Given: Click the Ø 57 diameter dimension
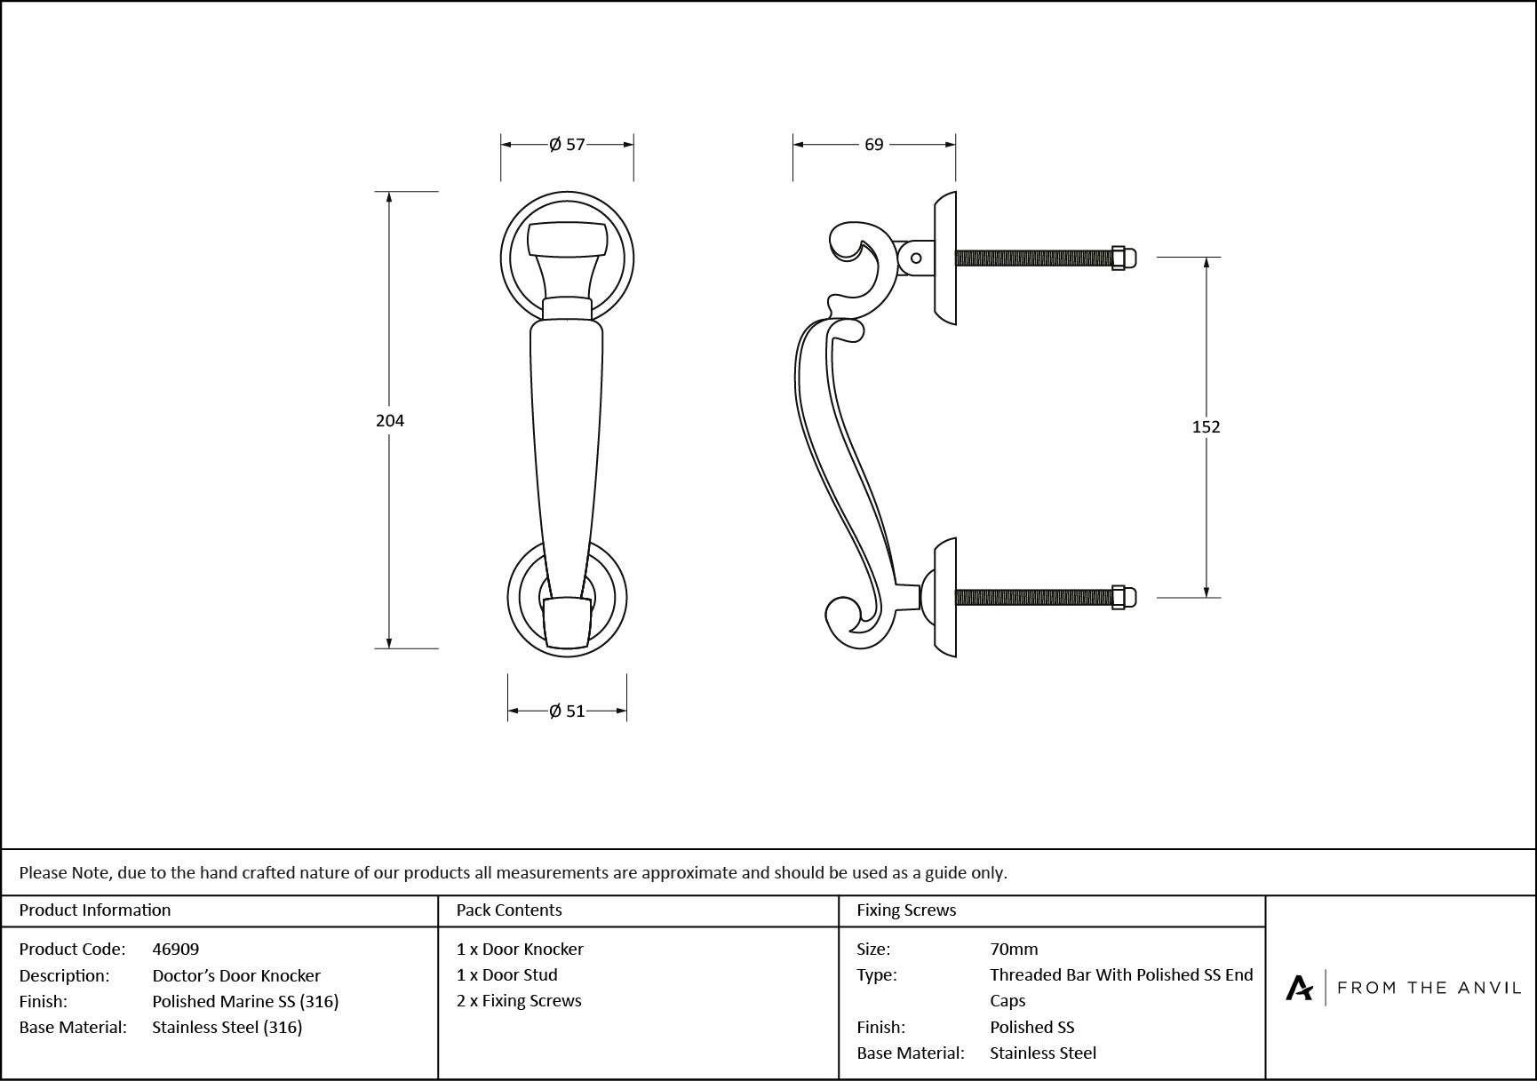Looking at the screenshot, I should click(x=567, y=144).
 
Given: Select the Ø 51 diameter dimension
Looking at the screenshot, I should click(x=567, y=711).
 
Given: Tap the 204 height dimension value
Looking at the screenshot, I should click(x=390, y=420).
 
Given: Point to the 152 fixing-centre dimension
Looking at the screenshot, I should click(x=1206, y=427).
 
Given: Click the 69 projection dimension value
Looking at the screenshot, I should click(x=874, y=144).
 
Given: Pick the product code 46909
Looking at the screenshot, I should click(x=176, y=949).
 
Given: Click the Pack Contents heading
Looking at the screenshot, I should click(x=509, y=910).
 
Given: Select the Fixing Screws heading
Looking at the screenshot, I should click(x=906, y=910).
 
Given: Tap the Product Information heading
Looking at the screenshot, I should click(x=95, y=910).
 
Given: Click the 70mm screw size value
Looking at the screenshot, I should click(x=1014, y=949).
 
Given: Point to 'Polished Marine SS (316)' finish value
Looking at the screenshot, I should click(x=245, y=1001).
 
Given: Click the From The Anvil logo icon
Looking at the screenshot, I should click(x=1299, y=988).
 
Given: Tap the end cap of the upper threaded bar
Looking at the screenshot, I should click(x=1119, y=258).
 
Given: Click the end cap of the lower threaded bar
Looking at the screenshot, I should click(x=1119, y=597).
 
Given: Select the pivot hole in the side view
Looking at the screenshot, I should click(x=916, y=258).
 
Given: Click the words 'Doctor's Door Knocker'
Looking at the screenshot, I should click(x=236, y=975).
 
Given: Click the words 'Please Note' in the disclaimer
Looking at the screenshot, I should click(x=65, y=872).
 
